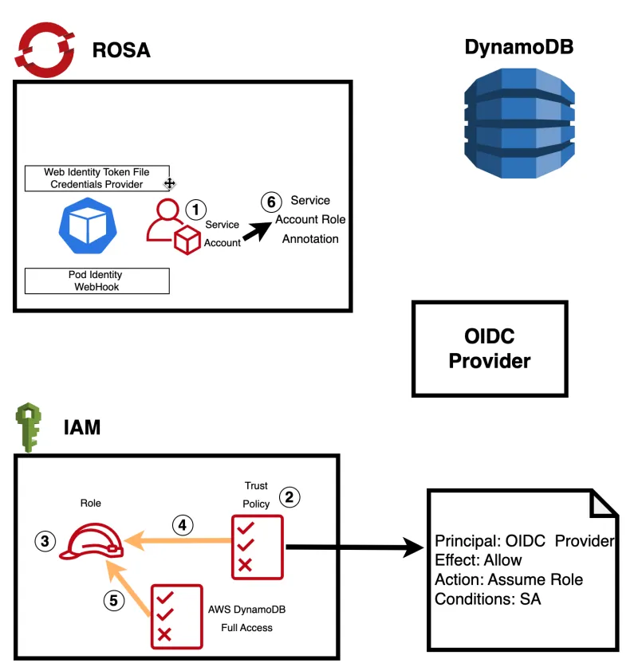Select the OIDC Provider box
(x=489, y=349)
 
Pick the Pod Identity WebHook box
(x=97, y=280)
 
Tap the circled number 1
(x=195, y=209)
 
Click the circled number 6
(x=271, y=202)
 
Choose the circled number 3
(x=45, y=541)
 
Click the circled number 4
(x=183, y=524)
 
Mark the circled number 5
(x=114, y=601)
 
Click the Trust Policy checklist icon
(x=256, y=547)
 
